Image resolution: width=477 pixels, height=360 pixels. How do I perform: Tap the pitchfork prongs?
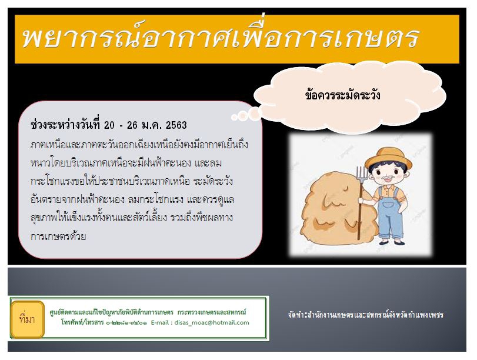[361, 174]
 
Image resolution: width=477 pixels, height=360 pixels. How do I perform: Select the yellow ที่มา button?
[28, 319]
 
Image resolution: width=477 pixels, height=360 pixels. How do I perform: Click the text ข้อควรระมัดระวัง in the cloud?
[342, 95]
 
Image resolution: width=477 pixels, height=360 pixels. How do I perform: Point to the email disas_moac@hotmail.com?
[212, 322]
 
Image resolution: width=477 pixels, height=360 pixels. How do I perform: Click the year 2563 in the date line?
[176, 125]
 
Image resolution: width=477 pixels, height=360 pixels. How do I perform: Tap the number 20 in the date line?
[109, 125]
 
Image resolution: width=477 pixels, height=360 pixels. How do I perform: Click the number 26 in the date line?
[132, 125]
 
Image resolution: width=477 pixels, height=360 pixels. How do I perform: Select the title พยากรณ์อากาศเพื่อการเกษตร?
[221, 38]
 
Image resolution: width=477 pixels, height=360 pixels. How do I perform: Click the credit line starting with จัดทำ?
[365, 315]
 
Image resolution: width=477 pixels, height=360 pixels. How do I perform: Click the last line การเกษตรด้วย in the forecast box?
[58, 236]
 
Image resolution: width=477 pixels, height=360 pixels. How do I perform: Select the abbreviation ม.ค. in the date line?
[152, 125]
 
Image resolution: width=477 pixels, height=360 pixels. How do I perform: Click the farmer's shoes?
[392, 242]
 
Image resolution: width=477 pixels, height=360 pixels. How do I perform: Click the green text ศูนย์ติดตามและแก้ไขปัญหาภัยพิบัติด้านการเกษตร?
[111, 312]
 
